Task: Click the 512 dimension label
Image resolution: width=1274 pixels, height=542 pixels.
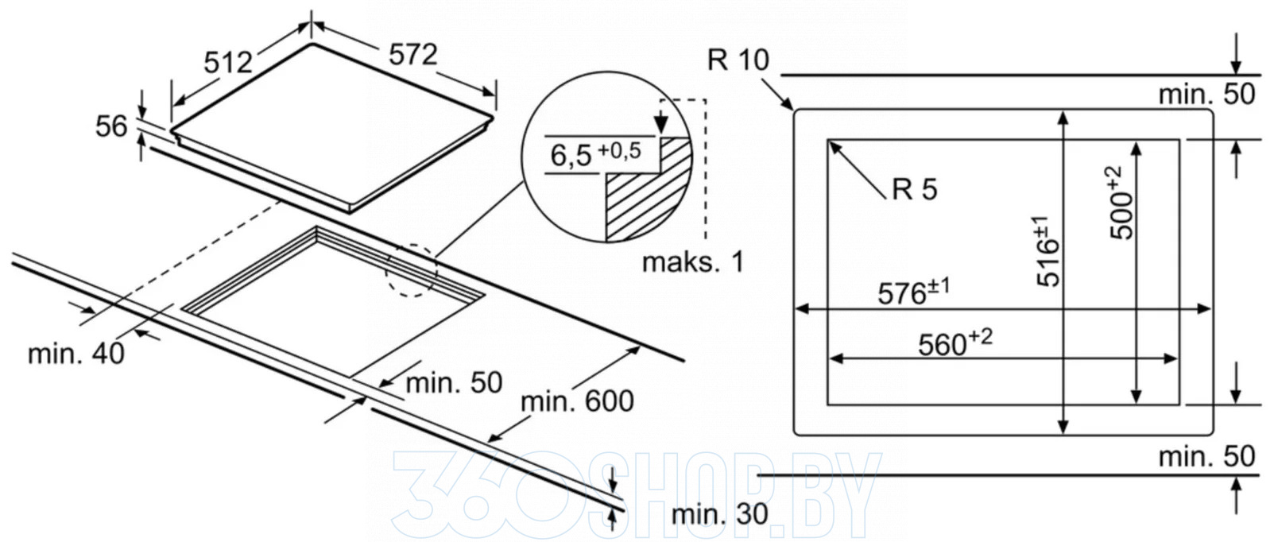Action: [x=228, y=62]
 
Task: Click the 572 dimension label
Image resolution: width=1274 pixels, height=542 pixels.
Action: [x=413, y=55]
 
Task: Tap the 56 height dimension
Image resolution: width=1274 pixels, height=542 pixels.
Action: [x=111, y=126]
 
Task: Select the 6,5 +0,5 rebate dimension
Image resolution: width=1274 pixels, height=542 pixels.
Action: [x=595, y=153]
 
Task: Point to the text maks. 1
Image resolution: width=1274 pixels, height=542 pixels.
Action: [x=693, y=262]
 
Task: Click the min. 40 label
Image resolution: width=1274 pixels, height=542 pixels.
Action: [x=76, y=354]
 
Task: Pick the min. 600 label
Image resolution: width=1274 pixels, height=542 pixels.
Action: [x=577, y=401]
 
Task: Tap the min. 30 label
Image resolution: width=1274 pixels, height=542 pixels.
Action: [x=719, y=514]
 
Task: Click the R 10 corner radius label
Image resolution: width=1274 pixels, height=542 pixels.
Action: [x=738, y=60]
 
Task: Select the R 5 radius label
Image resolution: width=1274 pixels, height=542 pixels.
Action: [x=914, y=189]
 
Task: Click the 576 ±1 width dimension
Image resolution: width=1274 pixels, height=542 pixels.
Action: [x=913, y=292]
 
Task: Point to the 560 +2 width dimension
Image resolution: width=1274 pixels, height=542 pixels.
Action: [x=955, y=343]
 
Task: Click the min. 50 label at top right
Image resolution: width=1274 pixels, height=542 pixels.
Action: [x=1206, y=95]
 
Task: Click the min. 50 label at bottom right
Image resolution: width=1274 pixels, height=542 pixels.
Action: [x=1206, y=456]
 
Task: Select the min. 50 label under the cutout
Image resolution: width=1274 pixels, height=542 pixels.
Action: [x=454, y=383]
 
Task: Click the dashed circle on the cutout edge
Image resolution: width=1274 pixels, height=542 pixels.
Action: [x=412, y=271]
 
